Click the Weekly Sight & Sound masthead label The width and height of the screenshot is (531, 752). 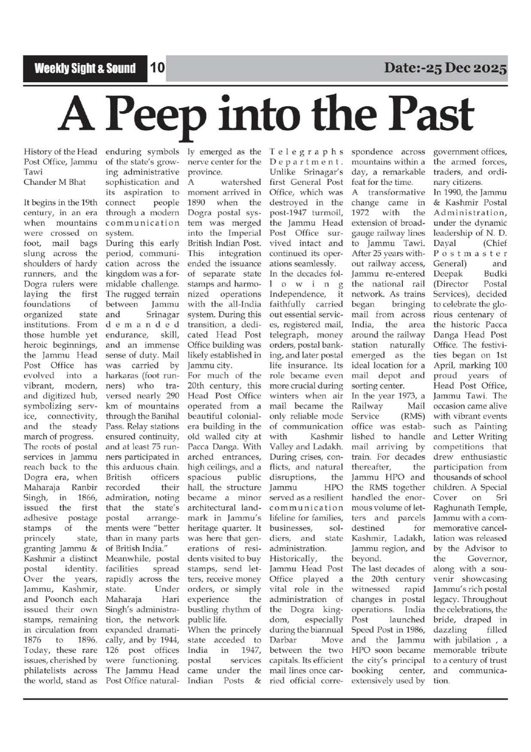point(85,69)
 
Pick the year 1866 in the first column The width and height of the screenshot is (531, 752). point(88,497)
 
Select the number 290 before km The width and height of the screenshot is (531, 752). point(170,395)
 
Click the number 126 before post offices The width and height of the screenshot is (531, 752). point(112,650)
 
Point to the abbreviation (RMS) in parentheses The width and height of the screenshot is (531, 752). point(412,416)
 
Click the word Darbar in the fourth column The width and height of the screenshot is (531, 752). point(281,640)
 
